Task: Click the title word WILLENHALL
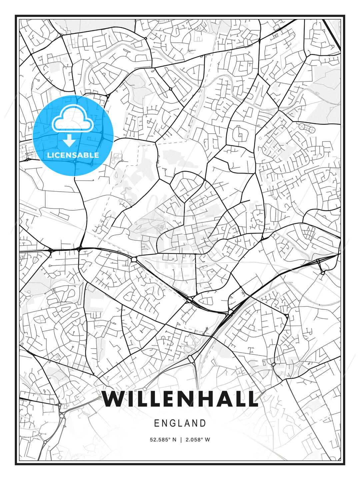(180, 399)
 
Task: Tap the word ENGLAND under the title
(180, 423)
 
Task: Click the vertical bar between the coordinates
(181, 440)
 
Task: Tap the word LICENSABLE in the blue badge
(73, 155)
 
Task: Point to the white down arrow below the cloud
(69, 141)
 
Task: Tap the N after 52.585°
(174, 440)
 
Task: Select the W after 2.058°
(207, 440)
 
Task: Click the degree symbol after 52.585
(169, 438)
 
